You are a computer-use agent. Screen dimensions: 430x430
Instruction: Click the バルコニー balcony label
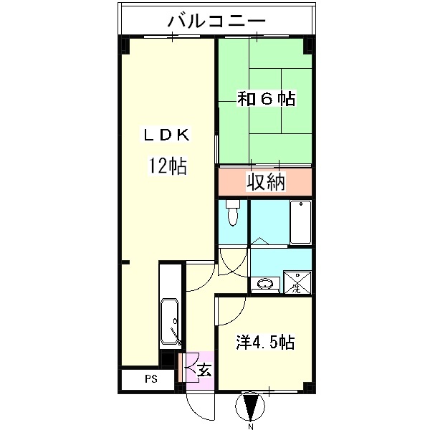point(216,21)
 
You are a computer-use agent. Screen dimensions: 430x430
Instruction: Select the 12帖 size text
point(168,167)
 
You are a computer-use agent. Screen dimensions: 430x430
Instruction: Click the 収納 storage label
point(267,182)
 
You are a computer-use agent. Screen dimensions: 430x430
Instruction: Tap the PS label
point(150,378)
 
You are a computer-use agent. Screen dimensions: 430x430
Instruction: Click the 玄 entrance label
point(204,371)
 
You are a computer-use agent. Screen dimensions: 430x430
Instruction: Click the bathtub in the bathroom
point(300,221)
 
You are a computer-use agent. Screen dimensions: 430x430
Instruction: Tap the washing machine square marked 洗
point(296,283)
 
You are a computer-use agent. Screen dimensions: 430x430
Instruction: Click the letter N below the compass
point(251,426)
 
